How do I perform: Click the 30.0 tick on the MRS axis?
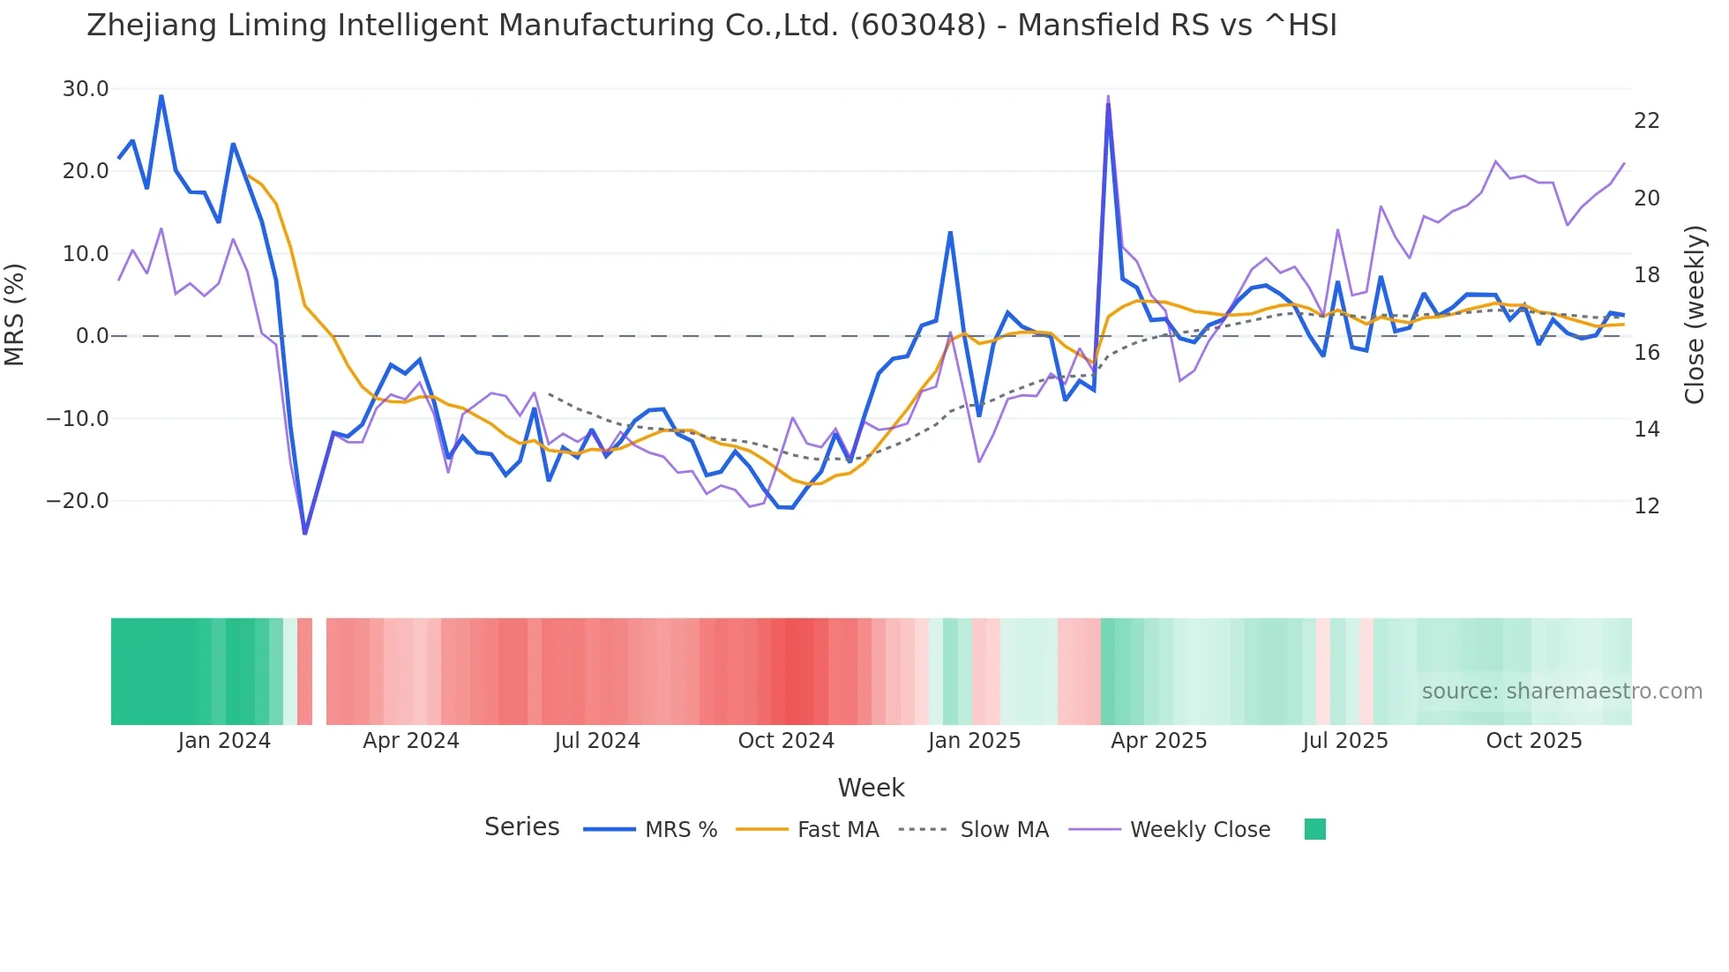(x=86, y=89)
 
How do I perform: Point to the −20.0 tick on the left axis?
(x=78, y=501)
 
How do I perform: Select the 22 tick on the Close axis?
(x=1647, y=121)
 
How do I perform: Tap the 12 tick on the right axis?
(x=1647, y=506)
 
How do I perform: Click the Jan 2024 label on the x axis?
(x=224, y=741)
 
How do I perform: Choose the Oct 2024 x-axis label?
(x=786, y=741)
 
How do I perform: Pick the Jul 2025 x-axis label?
(x=1345, y=741)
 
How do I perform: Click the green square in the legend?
(x=1315, y=829)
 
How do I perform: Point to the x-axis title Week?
(x=871, y=788)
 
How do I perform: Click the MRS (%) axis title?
(x=15, y=315)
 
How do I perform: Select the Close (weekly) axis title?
(x=1695, y=315)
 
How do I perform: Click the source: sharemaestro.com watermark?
(x=1561, y=692)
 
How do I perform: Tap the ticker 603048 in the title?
(x=917, y=26)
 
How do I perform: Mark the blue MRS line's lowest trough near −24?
(x=305, y=533)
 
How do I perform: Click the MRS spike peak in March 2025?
(x=1108, y=104)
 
